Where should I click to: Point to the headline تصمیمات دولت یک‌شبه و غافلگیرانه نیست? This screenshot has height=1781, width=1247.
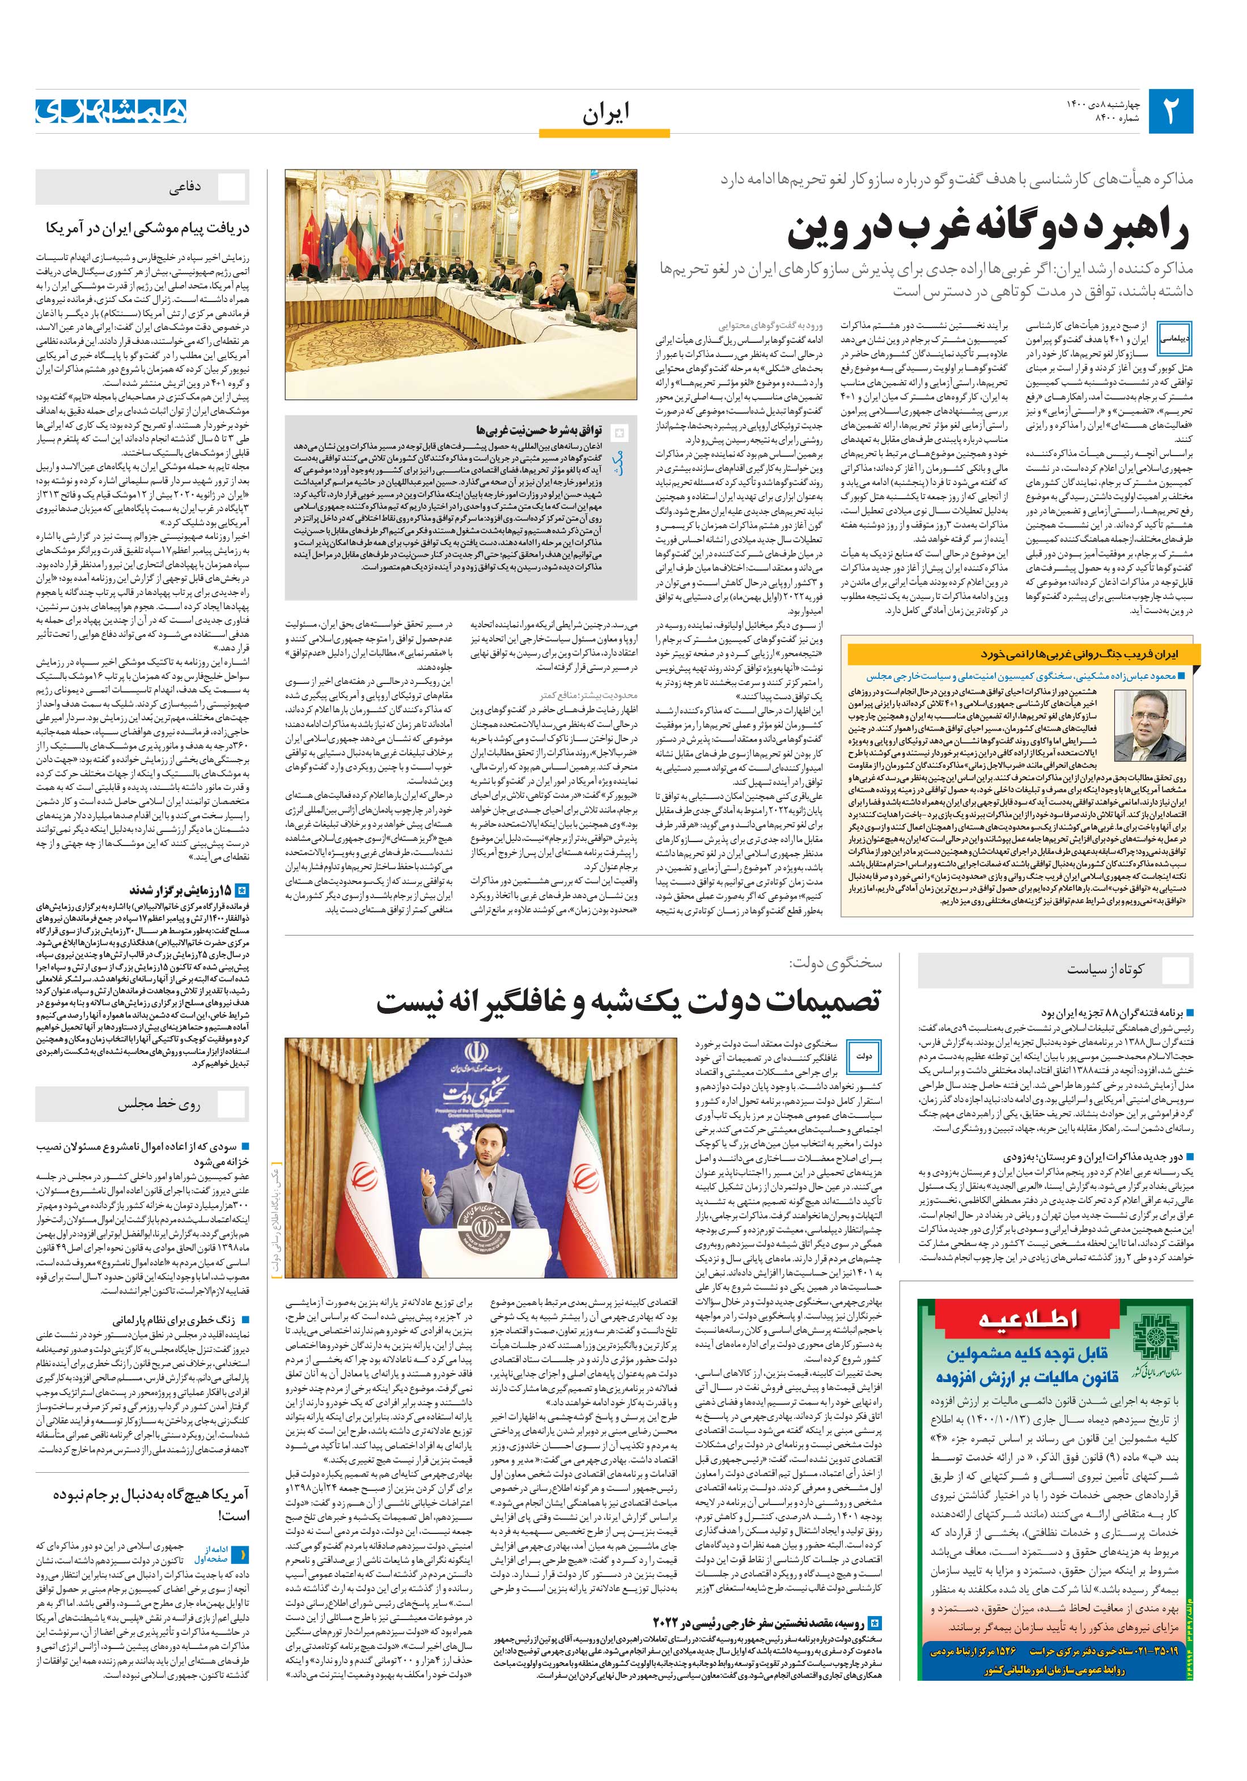pyautogui.click(x=629, y=1002)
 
